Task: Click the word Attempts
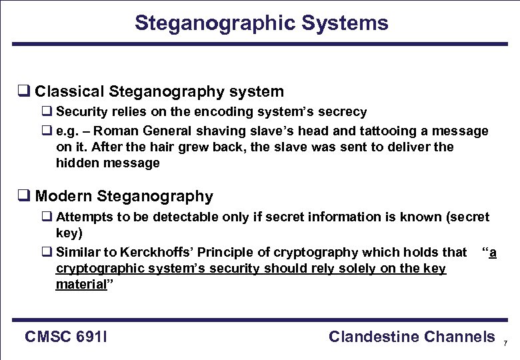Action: point(82,217)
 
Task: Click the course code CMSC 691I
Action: point(67,337)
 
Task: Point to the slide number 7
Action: point(505,343)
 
